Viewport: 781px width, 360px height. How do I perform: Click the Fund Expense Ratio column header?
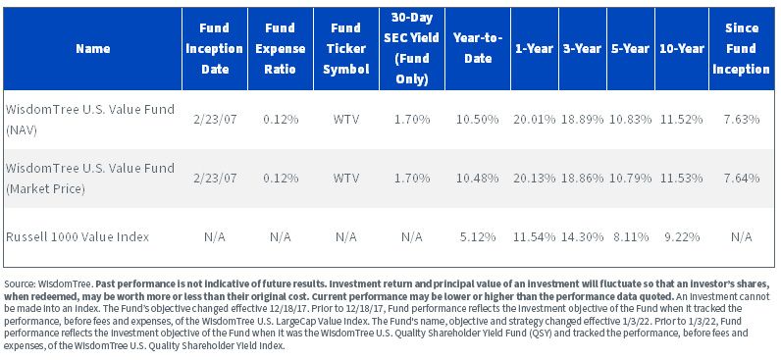(280, 48)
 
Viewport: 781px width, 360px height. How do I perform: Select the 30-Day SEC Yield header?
(412, 48)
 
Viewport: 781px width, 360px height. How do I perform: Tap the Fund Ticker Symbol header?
(346, 48)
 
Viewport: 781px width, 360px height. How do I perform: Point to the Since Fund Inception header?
(741, 48)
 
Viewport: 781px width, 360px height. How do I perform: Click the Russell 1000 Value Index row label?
(78, 236)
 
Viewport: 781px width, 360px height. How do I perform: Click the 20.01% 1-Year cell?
(534, 119)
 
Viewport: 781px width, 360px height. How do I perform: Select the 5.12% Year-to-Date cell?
(477, 236)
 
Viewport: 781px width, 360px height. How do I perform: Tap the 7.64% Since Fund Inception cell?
(741, 178)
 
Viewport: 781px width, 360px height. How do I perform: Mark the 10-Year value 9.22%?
(681, 236)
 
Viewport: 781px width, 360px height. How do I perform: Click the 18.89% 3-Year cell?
(582, 119)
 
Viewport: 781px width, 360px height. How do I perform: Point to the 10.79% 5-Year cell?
(630, 178)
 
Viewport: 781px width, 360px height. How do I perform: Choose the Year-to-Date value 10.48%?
(477, 178)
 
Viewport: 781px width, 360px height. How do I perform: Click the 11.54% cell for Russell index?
(534, 236)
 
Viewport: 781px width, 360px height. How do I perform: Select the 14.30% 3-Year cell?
(582, 236)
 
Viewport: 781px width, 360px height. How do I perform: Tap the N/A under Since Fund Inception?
(741, 236)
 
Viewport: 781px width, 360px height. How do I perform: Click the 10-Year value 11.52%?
(681, 119)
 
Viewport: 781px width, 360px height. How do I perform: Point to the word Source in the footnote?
(19, 284)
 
